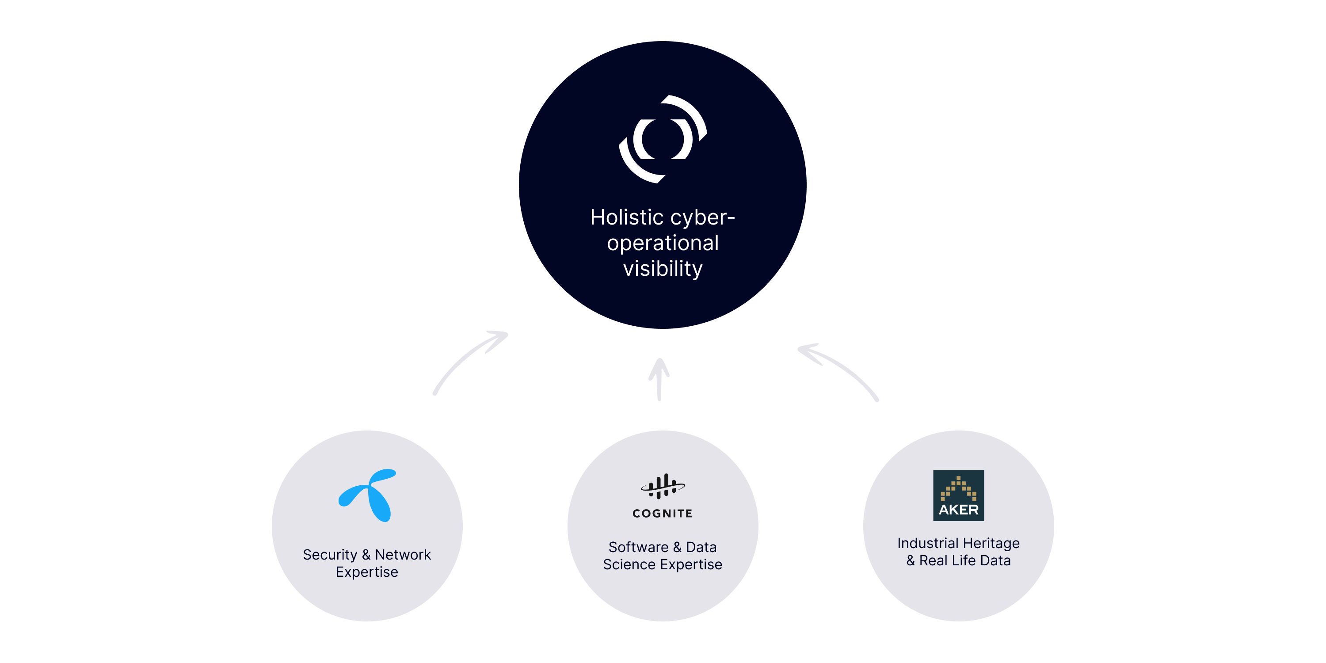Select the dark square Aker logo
tap(958, 495)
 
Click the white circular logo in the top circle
tap(663, 139)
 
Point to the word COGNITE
tap(663, 513)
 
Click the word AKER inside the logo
tap(958, 510)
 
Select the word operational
tap(663, 243)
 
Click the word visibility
tap(663, 269)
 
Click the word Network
tap(403, 554)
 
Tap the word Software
tap(638, 547)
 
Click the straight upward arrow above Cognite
tap(659, 379)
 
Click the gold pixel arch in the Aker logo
tap(958, 488)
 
